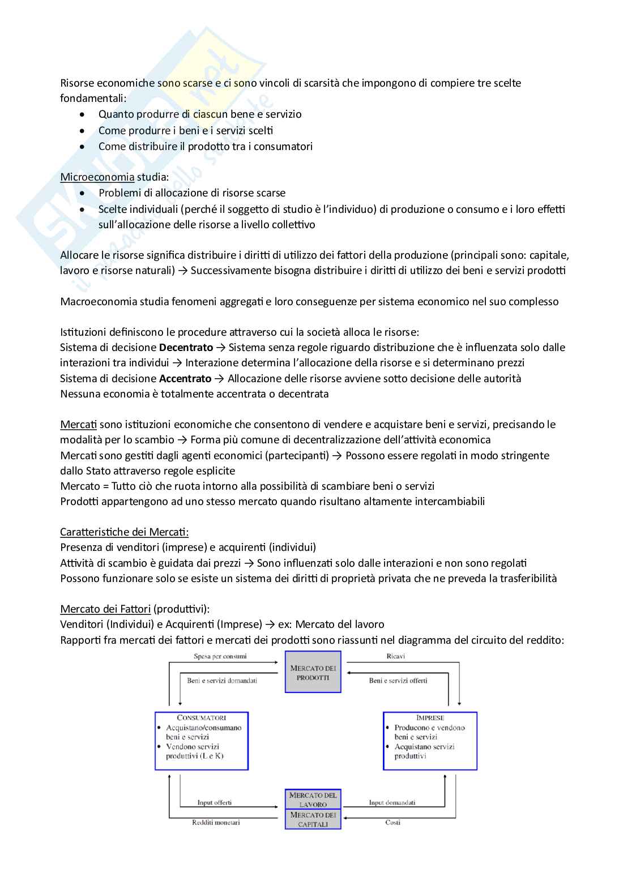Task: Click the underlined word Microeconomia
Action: (x=97, y=177)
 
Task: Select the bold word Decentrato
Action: (x=186, y=347)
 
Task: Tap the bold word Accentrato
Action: (x=185, y=378)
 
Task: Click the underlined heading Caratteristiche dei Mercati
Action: (x=125, y=532)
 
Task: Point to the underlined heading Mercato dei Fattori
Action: (x=105, y=609)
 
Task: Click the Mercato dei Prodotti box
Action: (x=313, y=672)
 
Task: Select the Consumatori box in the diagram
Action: (x=202, y=741)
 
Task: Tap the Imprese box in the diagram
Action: (x=430, y=741)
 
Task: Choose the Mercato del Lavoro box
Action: (x=313, y=799)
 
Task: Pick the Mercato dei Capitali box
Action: (x=313, y=819)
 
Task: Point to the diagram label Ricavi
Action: (x=395, y=656)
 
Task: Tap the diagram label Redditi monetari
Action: (x=216, y=822)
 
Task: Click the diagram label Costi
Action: (x=393, y=822)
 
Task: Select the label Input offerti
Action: (x=214, y=802)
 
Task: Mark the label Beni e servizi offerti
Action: (x=398, y=681)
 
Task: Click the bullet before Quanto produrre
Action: (x=83, y=114)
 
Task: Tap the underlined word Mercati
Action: (x=78, y=424)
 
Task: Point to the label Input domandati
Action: (x=392, y=802)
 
